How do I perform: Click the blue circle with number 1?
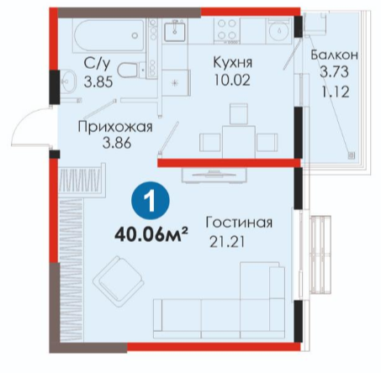click(151, 201)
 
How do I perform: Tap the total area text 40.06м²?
click(151, 234)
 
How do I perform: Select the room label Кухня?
click(232, 63)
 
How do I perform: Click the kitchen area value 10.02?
click(232, 81)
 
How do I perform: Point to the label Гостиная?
click(239, 223)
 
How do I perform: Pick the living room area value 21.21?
click(227, 242)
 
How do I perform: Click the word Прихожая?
click(115, 128)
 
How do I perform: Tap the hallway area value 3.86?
click(117, 143)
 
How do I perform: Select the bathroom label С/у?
click(97, 63)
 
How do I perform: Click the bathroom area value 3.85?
click(98, 82)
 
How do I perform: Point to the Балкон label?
click(334, 55)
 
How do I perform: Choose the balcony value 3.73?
click(334, 71)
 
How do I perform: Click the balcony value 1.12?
click(336, 92)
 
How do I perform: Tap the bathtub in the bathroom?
click(109, 35)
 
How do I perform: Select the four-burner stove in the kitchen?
click(227, 30)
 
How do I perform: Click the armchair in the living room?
click(119, 282)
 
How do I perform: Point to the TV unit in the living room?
click(214, 176)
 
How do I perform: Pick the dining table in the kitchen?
click(239, 142)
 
